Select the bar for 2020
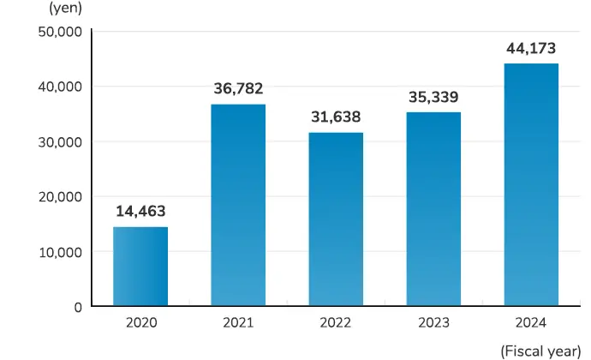pyautogui.click(x=140, y=267)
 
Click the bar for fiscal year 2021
pyautogui.click(x=238, y=206)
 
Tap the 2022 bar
pyautogui.click(x=336, y=219)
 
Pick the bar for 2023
pyautogui.click(x=433, y=209)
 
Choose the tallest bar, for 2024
pyautogui.click(x=531, y=185)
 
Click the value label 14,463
pyautogui.click(x=140, y=211)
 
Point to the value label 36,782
pyautogui.click(x=238, y=88)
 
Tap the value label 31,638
pyautogui.click(x=336, y=117)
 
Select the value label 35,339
pyautogui.click(x=433, y=97)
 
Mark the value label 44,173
pyautogui.click(x=531, y=48)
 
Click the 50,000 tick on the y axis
pyautogui.click(x=60, y=32)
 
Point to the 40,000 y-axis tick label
pyautogui.click(x=60, y=87)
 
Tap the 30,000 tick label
pyautogui.click(x=60, y=141)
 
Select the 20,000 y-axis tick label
pyautogui.click(x=60, y=196)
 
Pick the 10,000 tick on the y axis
pyautogui.click(x=60, y=252)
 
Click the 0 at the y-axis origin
pyautogui.click(x=77, y=306)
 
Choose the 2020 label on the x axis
pyautogui.click(x=140, y=323)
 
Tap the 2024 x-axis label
pyautogui.click(x=531, y=323)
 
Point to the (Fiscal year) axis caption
pyautogui.click(x=540, y=350)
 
